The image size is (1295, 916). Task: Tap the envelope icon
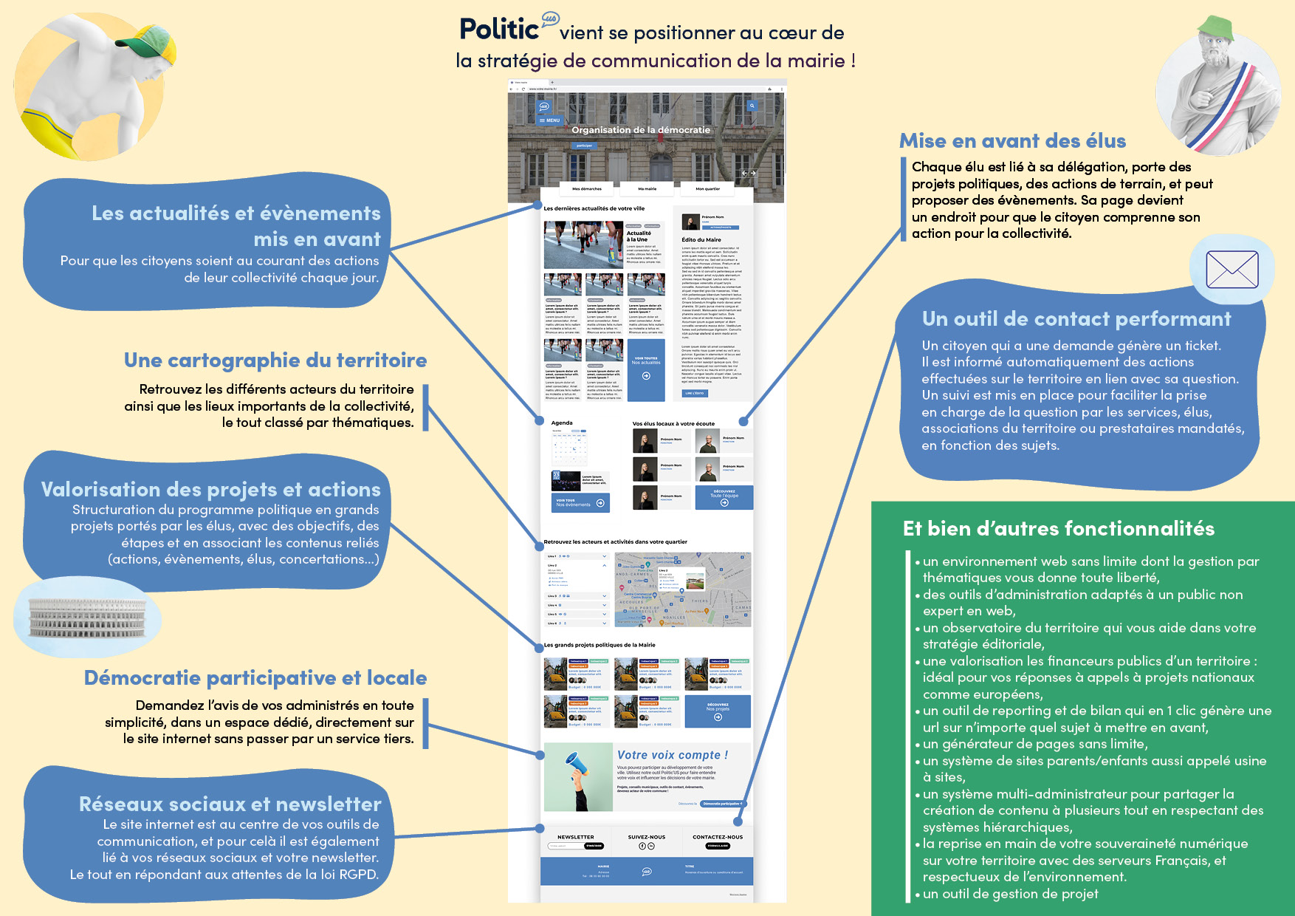click(x=1232, y=270)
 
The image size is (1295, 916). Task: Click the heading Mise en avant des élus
click(x=1012, y=141)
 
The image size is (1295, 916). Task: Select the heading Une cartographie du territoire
click(x=275, y=360)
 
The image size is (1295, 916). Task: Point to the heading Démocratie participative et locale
click(x=255, y=678)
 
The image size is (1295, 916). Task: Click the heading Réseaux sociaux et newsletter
click(x=230, y=804)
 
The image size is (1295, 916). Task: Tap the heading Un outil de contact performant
click(x=1076, y=319)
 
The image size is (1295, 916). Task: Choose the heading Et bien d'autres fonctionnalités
click(x=1059, y=529)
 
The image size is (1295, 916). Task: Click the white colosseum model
click(x=87, y=618)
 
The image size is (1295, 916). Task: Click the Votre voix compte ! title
click(x=673, y=755)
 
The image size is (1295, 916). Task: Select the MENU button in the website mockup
click(x=550, y=120)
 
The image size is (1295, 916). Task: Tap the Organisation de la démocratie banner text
click(x=641, y=130)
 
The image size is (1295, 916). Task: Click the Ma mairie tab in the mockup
click(x=647, y=189)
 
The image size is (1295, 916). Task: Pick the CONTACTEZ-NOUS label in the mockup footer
click(x=718, y=837)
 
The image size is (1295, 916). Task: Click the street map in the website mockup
click(x=683, y=589)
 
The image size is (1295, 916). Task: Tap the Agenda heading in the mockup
click(x=562, y=423)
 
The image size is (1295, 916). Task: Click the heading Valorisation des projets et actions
click(x=211, y=490)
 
